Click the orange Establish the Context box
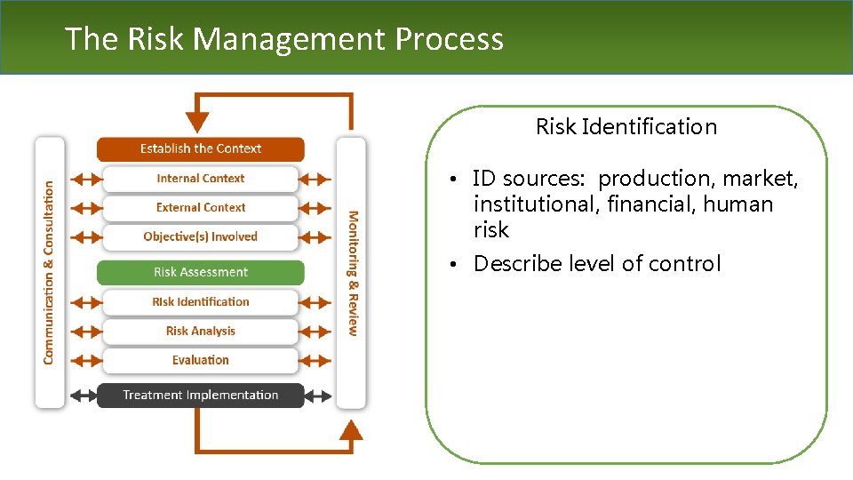[201, 148]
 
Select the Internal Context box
[201, 178]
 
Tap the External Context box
[201, 207]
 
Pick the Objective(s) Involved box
[201, 236]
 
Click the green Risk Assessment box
[201, 272]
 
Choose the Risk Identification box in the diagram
[201, 301]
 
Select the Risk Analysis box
[201, 331]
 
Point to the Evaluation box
[201, 360]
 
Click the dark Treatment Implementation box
[201, 395]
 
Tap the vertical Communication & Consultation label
[49, 272]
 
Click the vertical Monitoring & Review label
[352, 272]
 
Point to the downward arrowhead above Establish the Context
[197, 122]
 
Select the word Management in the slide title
[289, 38]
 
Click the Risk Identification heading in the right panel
[626, 127]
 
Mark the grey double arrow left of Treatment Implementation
[83, 395]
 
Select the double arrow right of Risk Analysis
[315, 331]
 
